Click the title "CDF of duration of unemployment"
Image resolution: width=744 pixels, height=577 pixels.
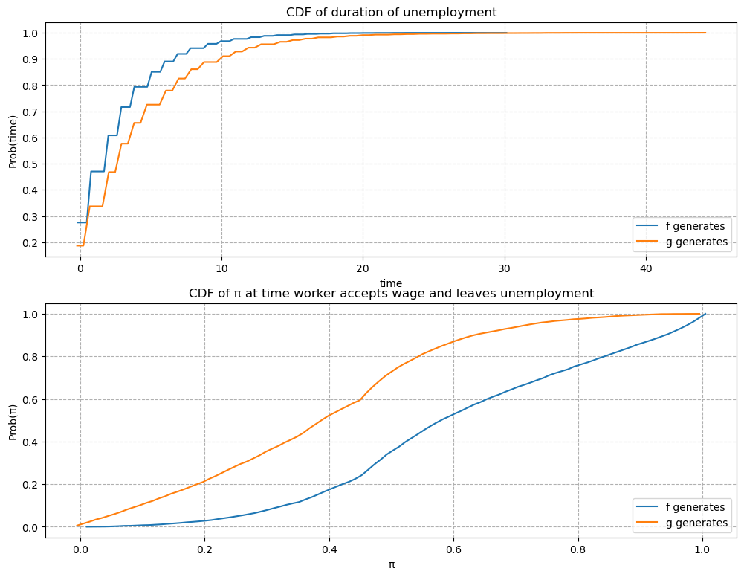click(x=391, y=12)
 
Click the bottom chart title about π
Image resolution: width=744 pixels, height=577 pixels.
click(x=391, y=293)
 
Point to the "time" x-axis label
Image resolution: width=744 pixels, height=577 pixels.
click(x=391, y=283)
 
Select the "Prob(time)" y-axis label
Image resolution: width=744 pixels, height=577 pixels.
click(x=13, y=140)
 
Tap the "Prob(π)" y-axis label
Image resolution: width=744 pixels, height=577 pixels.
click(x=13, y=420)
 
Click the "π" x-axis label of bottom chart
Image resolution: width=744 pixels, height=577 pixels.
click(x=391, y=564)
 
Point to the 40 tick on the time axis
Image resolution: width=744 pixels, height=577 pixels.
click(x=645, y=268)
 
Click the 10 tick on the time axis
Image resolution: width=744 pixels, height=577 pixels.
click(x=221, y=268)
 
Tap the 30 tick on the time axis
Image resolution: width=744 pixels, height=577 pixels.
click(x=504, y=268)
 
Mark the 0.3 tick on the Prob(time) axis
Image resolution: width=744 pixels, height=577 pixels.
click(x=32, y=216)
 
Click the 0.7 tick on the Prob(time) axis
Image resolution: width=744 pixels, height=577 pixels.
click(x=32, y=112)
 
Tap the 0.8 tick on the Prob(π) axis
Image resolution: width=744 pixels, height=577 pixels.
click(x=32, y=357)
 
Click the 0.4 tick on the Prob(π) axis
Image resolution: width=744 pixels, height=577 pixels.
click(x=32, y=442)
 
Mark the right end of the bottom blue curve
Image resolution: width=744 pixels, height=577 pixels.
click(x=705, y=314)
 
